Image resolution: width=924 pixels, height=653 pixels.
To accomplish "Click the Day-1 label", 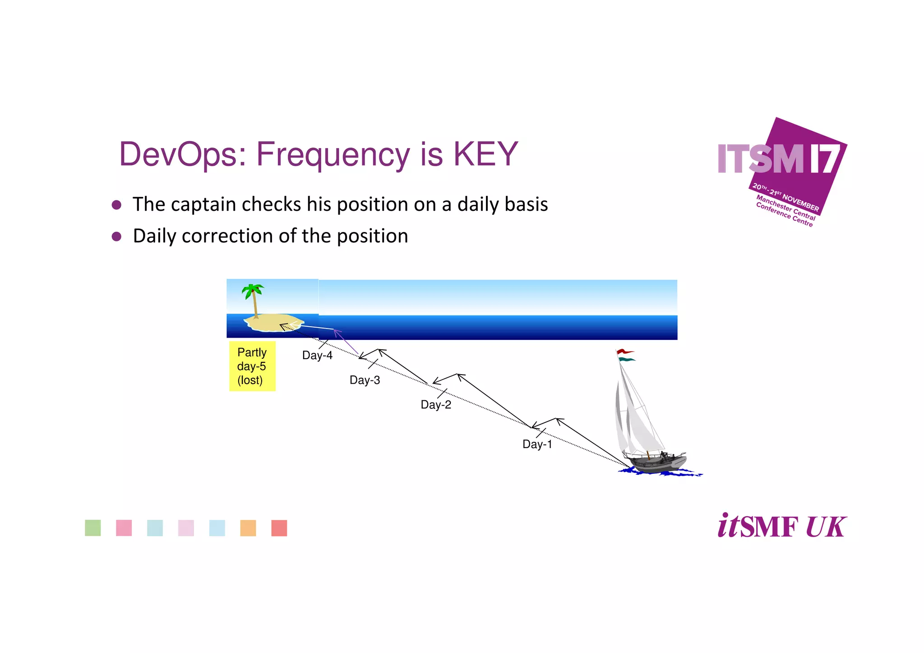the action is pyautogui.click(x=537, y=444).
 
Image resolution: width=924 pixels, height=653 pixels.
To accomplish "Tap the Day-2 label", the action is pyautogui.click(x=436, y=404).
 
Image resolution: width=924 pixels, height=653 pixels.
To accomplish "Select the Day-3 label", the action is pyautogui.click(x=365, y=380).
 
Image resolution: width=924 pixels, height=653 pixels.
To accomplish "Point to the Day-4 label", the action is pyautogui.click(x=317, y=355).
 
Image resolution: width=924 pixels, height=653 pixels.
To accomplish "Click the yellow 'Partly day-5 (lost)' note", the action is pyautogui.click(x=252, y=366).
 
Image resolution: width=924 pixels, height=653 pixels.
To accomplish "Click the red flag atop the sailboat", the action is pyautogui.click(x=625, y=352).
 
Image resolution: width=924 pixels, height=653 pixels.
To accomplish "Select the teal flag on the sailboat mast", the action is pyautogui.click(x=626, y=360).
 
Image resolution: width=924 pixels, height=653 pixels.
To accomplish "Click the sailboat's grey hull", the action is pyautogui.click(x=659, y=465).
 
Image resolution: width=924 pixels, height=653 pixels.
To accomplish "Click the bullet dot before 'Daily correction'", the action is pyautogui.click(x=116, y=236).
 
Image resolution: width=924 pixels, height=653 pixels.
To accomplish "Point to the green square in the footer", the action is pyautogui.click(x=93, y=528).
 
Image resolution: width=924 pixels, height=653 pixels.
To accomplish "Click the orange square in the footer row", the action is pyautogui.click(x=248, y=528).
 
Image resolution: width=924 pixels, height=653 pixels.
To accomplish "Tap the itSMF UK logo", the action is pyautogui.click(x=781, y=526).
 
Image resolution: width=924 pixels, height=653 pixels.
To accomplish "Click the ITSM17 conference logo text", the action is pyautogui.click(x=778, y=159).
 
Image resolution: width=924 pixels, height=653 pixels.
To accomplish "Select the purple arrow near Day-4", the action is pyautogui.click(x=346, y=342).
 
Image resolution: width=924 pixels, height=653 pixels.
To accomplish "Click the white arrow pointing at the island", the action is pyautogui.click(x=311, y=326).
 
